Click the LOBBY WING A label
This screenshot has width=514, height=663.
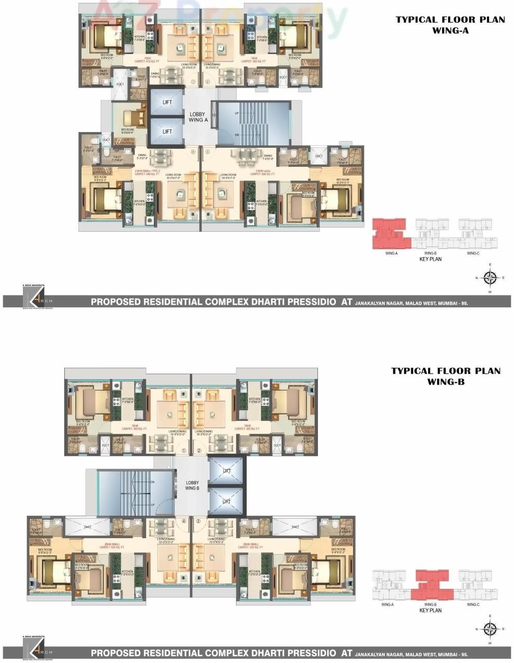(198, 117)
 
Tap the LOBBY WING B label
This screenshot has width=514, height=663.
(192, 485)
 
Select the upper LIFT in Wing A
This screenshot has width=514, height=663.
(167, 103)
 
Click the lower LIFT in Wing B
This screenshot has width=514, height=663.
(226, 501)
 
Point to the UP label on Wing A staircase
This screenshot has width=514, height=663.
(237, 113)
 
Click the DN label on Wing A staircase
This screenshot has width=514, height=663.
(237, 134)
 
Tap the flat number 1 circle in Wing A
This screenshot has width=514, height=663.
(193, 81)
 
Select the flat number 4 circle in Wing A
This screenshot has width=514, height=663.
(193, 152)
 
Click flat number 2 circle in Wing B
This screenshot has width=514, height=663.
(199, 450)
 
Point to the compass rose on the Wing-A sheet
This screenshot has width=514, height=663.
(490, 277)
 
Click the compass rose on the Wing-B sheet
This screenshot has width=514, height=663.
(490, 629)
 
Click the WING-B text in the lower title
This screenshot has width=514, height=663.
(445, 382)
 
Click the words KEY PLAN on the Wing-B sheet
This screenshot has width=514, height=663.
(430, 610)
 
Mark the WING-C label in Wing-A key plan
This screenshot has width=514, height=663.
(472, 253)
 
